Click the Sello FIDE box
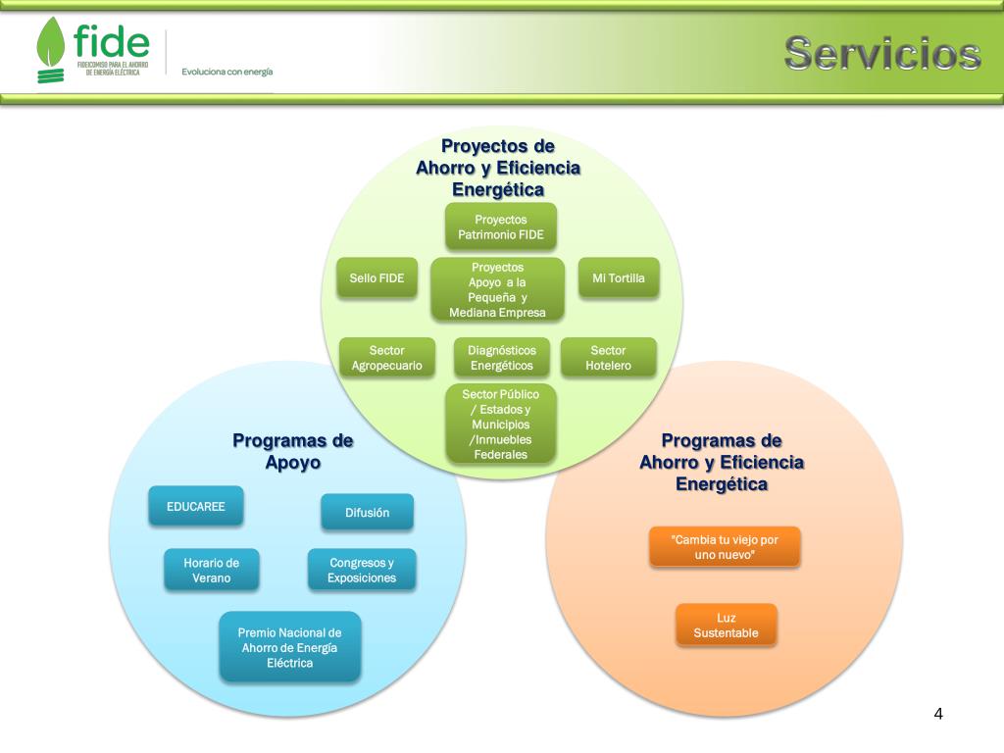pos(376,278)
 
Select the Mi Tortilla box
pos(619,278)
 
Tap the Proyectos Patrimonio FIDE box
pos(501,226)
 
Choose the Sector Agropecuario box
pos(387,358)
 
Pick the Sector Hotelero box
pos(608,358)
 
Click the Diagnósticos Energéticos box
pos(501,358)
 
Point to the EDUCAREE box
pos(196,507)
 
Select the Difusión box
pos(367,512)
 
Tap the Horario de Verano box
pos(212,570)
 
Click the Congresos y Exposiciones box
pos(362,570)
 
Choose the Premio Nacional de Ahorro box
pos(290,647)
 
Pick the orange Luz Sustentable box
pos(726,626)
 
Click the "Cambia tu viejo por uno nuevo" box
pos(725,547)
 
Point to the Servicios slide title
pos(882,53)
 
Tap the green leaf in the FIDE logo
pos(51,44)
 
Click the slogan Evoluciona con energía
pos(226,72)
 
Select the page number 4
pos(938,713)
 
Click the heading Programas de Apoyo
pos(292,451)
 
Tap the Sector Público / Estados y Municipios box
pos(500,424)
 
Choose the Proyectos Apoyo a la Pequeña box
pos(498,289)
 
